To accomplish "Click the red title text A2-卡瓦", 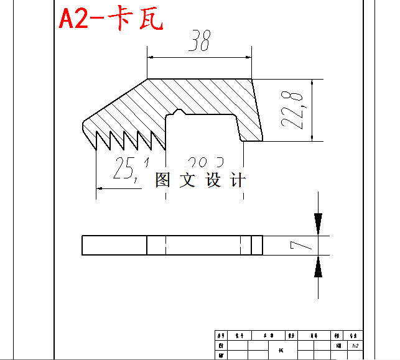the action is pyautogui.click(x=111, y=19).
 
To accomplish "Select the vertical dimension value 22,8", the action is pyautogui.click(x=292, y=109).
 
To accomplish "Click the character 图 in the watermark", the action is pyautogui.click(x=162, y=180).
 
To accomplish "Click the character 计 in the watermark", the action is pyautogui.click(x=238, y=180).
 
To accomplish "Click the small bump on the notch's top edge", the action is pyautogui.click(x=179, y=112).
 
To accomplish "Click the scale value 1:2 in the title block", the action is pyautogui.click(x=355, y=345).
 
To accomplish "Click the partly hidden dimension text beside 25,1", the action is pyautogui.click(x=198, y=163).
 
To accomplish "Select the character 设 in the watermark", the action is pyautogui.click(x=213, y=180).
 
